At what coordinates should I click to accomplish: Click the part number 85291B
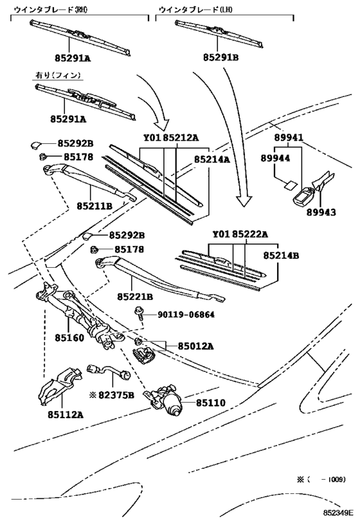[x=221, y=57]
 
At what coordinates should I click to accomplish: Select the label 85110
[x=211, y=402]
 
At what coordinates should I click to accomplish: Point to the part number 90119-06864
[x=186, y=315]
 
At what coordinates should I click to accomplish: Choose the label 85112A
[x=65, y=415]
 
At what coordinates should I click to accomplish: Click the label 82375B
[x=116, y=395]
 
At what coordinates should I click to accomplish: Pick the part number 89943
[x=321, y=213]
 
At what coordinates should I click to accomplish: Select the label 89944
[x=275, y=158]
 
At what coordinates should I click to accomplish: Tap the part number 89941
[x=289, y=137]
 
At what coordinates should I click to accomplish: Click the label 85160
[x=69, y=337]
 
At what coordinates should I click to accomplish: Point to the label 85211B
[x=94, y=206]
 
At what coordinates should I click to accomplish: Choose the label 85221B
[x=135, y=297]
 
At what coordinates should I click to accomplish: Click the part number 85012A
[x=195, y=346]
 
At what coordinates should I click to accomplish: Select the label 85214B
[x=281, y=256]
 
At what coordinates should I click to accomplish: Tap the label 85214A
[x=212, y=159]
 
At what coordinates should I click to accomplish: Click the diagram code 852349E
[x=339, y=513]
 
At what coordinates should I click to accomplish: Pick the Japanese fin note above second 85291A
[x=58, y=75]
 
